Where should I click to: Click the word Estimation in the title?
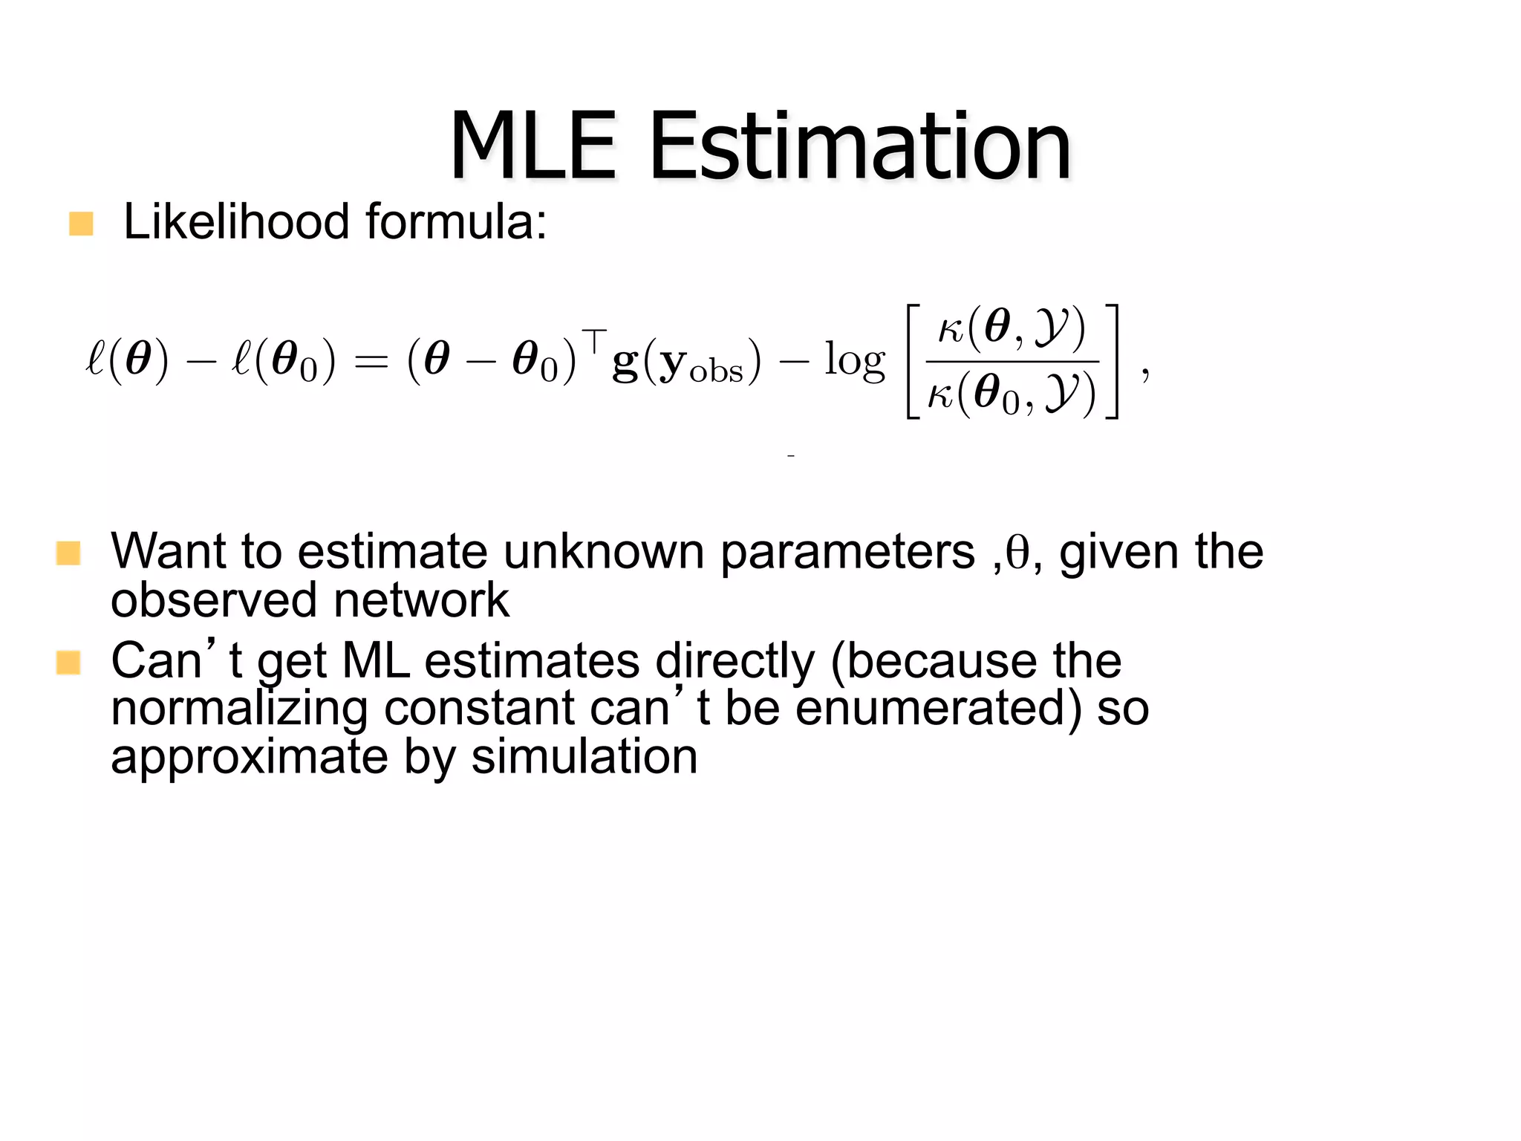(x=860, y=146)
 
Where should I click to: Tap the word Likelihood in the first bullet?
(x=236, y=222)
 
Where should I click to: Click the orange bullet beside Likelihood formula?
(x=81, y=224)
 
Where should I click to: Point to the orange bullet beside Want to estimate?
(x=68, y=553)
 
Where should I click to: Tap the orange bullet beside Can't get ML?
(x=68, y=662)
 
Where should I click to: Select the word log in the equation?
(x=855, y=362)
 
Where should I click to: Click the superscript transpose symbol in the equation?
(x=594, y=339)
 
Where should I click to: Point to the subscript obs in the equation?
(x=716, y=372)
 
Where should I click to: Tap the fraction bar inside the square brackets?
(x=1012, y=362)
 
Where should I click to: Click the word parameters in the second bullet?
(x=847, y=553)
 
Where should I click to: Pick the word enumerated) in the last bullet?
(x=939, y=708)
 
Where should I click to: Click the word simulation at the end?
(x=584, y=757)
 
